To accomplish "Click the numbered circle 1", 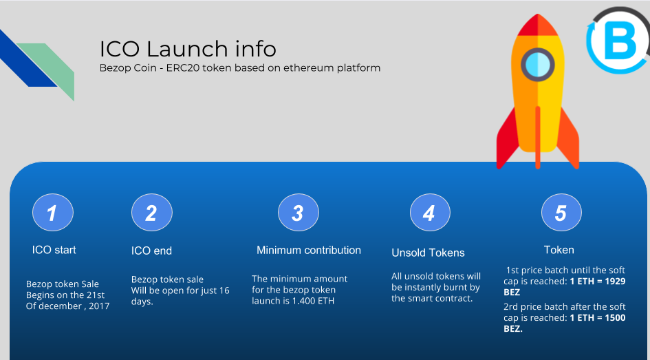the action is pyautogui.click(x=53, y=212).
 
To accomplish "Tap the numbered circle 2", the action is pyautogui.click(x=152, y=212).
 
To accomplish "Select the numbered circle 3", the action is pyautogui.click(x=298, y=212).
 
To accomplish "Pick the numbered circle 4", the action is pyautogui.click(x=430, y=212).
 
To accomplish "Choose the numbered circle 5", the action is pyautogui.click(x=561, y=212).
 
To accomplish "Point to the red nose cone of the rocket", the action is pyautogui.click(x=538, y=25).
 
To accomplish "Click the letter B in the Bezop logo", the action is pyautogui.click(x=620, y=41).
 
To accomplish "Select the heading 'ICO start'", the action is pyautogui.click(x=54, y=250).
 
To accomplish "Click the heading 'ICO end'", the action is pyautogui.click(x=151, y=251).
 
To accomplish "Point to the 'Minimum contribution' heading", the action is pyautogui.click(x=309, y=250).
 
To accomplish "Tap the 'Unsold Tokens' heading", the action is pyautogui.click(x=428, y=253).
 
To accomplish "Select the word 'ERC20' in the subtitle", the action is pyautogui.click(x=180, y=67).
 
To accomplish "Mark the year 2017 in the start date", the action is pyautogui.click(x=99, y=306).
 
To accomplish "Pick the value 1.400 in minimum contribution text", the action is pyautogui.click(x=304, y=301).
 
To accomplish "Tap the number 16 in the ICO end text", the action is pyautogui.click(x=224, y=290).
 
